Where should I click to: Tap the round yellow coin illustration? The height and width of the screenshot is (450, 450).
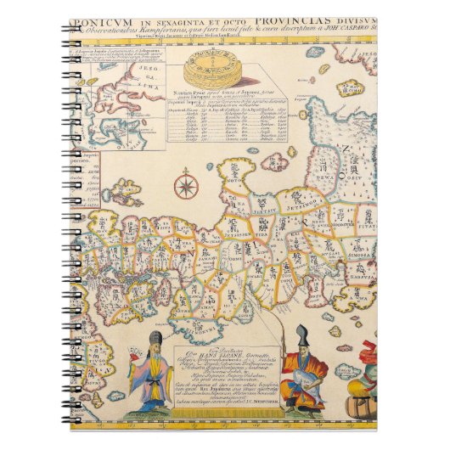(x=205, y=67)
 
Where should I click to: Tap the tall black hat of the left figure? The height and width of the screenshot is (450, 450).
(x=156, y=341)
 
